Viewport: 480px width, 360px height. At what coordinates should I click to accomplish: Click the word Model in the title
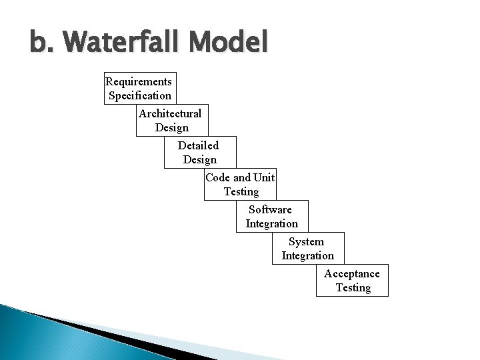coord(229,43)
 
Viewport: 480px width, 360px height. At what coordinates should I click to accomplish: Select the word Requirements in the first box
coord(139,81)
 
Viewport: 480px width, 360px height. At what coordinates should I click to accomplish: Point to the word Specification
coord(140,95)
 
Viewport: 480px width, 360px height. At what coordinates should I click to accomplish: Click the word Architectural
coord(170,113)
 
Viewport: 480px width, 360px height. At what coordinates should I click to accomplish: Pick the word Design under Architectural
coord(171,127)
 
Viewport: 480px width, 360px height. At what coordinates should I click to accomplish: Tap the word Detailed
coord(198,145)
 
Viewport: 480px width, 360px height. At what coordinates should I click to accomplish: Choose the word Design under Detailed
coord(199,159)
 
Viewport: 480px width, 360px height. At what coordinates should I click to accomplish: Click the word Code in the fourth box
coord(218,177)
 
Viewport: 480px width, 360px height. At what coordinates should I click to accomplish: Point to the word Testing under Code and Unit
coord(241,191)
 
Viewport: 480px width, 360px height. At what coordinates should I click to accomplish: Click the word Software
coord(270,209)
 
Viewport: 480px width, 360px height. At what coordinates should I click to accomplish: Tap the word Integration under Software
coord(272,223)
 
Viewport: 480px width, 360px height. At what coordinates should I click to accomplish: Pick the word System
coord(306,241)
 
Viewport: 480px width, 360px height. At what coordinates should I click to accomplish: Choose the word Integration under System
coord(308,255)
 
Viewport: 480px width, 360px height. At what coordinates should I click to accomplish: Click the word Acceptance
coord(352,273)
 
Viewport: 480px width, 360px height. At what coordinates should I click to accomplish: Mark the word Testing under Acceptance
coord(353,287)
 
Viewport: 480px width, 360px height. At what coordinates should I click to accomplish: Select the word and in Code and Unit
coord(242,177)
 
